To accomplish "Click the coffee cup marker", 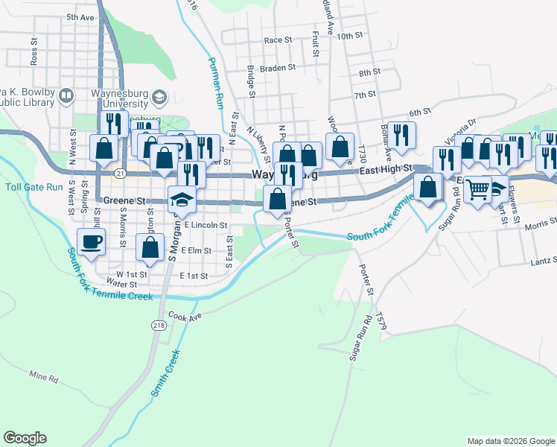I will [91, 241].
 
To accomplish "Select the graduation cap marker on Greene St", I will [179, 199].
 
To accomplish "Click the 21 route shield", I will [121, 173].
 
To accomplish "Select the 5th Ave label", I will [80, 16].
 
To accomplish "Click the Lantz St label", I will [544, 260].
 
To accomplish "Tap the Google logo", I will [25, 438].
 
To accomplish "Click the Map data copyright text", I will [511, 441].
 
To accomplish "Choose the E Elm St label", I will [197, 251].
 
